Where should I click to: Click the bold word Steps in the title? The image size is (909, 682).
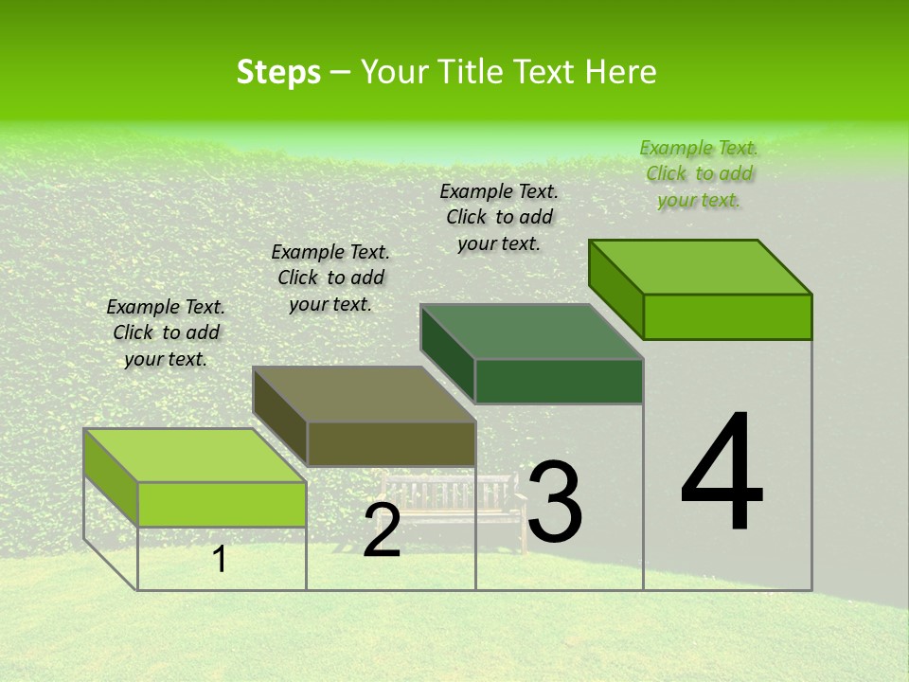click(278, 72)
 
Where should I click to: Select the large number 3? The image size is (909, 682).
click(555, 502)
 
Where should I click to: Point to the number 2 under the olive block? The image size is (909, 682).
click(382, 531)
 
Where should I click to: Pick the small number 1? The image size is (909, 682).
click(219, 559)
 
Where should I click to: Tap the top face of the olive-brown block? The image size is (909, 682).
click(364, 394)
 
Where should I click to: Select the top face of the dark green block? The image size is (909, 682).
click(532, 332)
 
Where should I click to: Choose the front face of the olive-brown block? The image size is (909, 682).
click(391, 443)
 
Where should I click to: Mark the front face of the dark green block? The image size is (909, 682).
click(559, 381)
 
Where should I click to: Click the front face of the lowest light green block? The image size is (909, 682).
click(222, 504)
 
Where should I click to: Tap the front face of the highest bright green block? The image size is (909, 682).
click(727, 316)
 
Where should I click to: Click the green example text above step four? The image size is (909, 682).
click(699, 173)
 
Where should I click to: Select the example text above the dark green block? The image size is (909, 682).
click(499, 217)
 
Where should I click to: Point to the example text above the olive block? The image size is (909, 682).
click(330, 278)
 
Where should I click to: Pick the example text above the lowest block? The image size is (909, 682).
click(166, 332)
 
